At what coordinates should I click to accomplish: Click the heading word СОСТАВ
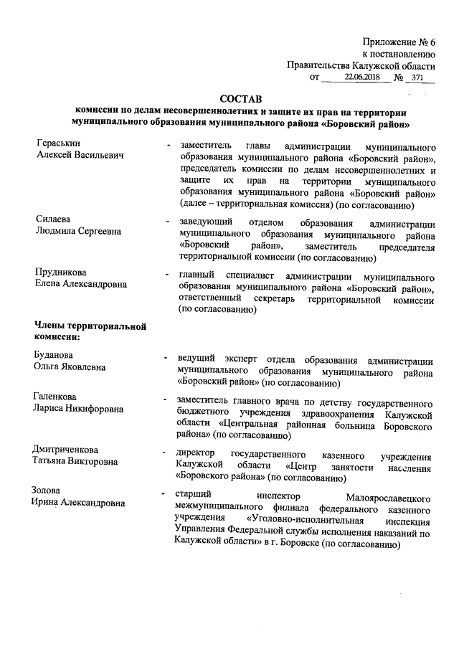point(240,98)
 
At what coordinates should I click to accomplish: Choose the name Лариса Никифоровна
point(79,409)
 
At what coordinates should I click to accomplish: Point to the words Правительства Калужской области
point(361,64)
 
